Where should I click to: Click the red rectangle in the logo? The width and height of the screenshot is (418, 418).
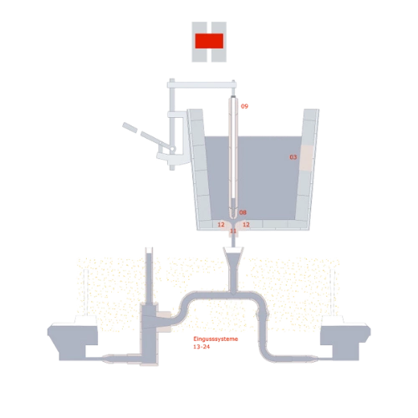click(x=209, y=41)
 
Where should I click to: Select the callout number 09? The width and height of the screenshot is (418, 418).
click(x=244, y=106)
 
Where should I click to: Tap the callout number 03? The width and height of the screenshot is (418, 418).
click(x=293, y=157)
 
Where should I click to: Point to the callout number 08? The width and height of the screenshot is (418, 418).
click(x=243, y=212)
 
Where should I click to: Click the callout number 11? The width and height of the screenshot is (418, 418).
click(x=233, y=231)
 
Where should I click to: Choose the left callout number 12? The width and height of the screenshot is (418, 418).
click(x=221, y=224)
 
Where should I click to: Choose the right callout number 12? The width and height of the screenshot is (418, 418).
click(x=246, y=224)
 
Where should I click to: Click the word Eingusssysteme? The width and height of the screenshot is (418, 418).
click(x=216, y=339)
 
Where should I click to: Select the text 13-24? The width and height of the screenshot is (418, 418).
click(x=201, y=347)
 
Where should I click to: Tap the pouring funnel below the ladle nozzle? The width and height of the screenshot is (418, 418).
click(x=233, y=257)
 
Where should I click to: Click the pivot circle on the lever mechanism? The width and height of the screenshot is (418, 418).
click(x=173, y=149)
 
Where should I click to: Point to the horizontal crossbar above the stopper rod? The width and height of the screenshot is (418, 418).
click(x=201, y=84)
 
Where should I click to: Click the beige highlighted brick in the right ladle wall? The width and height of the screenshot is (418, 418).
click(x=306, y=158)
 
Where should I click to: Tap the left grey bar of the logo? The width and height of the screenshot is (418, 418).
click(x=199, y=42)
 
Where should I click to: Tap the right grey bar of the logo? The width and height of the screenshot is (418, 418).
click(x=219, y=42)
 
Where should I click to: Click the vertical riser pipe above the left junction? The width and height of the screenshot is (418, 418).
click(x=150, y=276)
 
